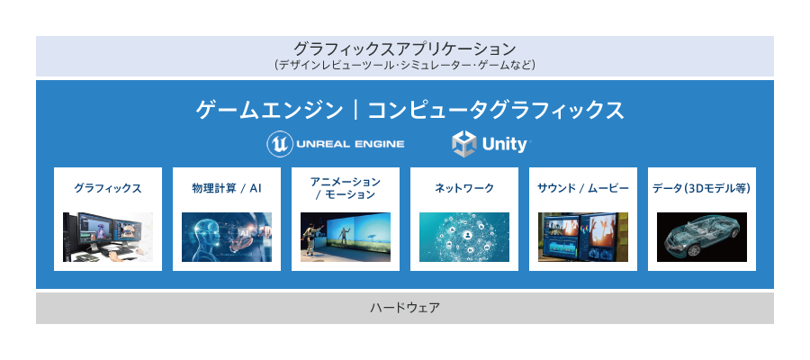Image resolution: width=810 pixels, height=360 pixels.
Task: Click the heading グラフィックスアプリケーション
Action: (404, 49)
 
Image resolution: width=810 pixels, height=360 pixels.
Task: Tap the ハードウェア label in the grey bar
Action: (405, 309)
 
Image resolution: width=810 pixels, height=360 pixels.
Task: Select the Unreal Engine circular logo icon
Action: (280, 144)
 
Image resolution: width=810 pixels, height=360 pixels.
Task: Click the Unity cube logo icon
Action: (463, 144)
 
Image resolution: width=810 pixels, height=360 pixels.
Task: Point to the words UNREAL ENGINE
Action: (350, 144)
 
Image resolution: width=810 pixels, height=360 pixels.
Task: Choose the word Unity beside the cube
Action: (505, 145)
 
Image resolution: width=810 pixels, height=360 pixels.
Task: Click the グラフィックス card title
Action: (108, 188)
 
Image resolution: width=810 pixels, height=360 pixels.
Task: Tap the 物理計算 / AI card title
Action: (227, 188)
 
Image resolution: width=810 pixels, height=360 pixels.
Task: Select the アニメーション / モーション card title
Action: (345, 188)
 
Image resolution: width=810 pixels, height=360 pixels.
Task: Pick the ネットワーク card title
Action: (463, 188)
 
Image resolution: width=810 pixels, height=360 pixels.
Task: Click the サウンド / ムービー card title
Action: (583, 188)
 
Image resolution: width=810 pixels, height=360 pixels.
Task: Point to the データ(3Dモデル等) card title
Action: (701, 188)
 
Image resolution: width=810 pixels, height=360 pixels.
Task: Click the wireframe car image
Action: (701, 237)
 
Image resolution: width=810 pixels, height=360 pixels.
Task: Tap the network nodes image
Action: (463, 237)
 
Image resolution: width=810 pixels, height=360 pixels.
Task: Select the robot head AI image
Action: (227, 237)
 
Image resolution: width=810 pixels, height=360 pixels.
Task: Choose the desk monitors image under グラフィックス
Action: (108, 237)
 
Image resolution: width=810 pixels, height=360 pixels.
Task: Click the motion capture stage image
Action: (345, 237)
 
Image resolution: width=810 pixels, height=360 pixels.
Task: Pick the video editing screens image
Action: (583, 237)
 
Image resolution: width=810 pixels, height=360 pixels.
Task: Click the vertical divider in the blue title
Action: (355, 111)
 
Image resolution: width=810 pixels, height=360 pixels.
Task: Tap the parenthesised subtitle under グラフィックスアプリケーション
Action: (404, 66)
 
